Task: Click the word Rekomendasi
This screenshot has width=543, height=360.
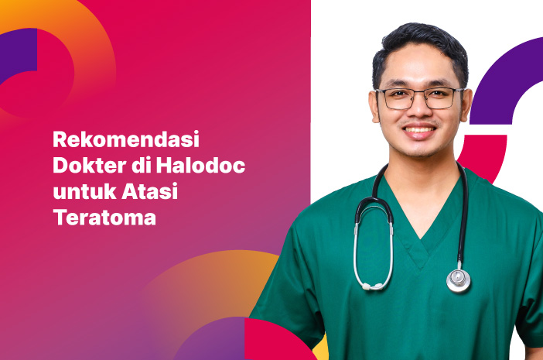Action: point(126,141)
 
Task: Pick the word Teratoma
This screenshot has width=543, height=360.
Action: point(104,218)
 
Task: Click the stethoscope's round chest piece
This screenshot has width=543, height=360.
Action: point(459,279)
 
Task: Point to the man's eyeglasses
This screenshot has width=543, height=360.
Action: point(418,98)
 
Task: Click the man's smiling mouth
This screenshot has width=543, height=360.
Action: point(420,130)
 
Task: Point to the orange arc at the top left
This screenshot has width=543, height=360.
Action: point(85,31)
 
